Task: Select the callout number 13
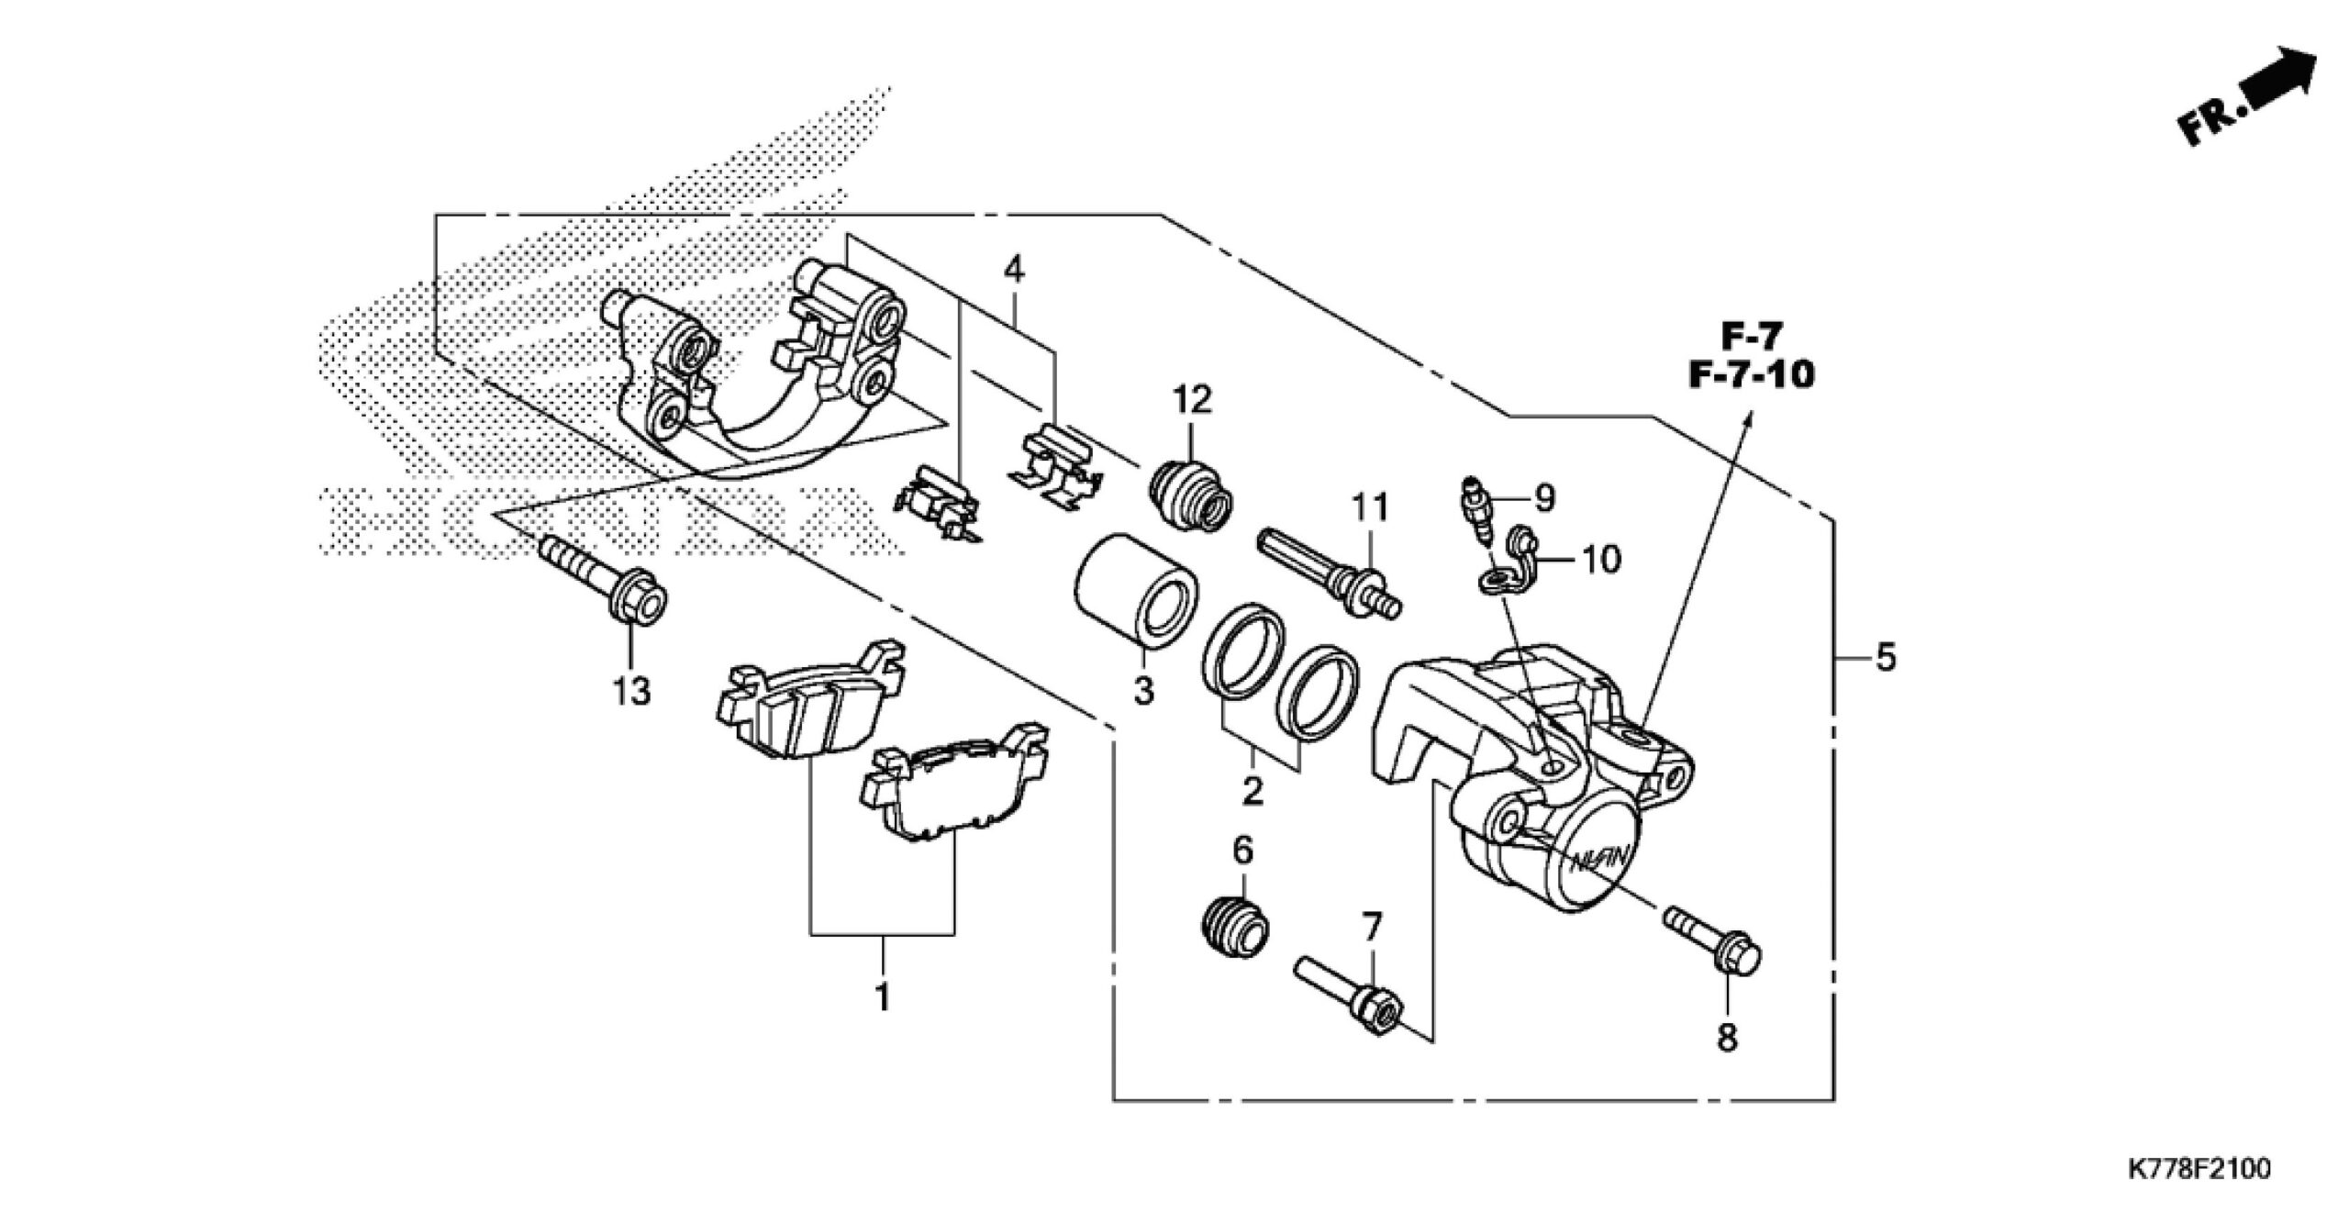click(632, 691)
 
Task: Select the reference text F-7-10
click(1752, 375)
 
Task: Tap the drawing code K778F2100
click(2192, 1195)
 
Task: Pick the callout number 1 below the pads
click(883, 996)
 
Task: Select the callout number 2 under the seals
click(1252, 790)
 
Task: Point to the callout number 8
click(1728, 1038)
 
